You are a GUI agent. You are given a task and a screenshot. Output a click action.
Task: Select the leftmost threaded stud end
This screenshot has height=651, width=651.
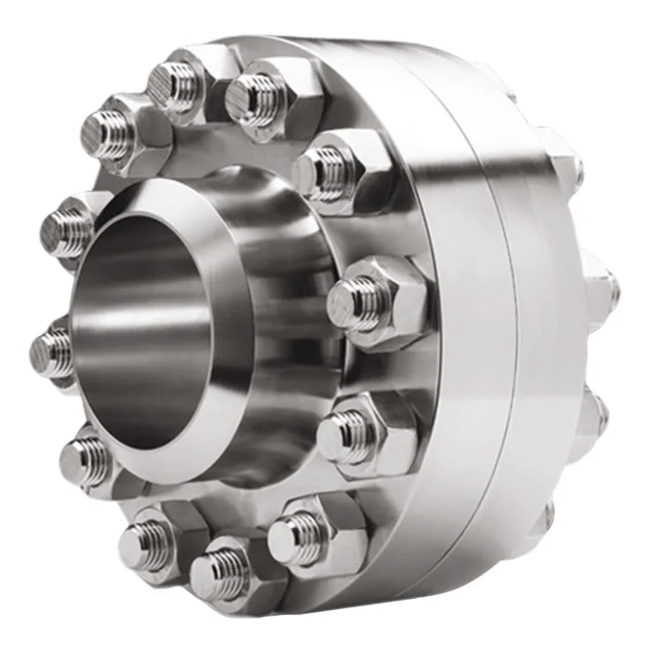[x=51, y=352]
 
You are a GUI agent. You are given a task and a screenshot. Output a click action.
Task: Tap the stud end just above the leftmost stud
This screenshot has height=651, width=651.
[x=65, y=228]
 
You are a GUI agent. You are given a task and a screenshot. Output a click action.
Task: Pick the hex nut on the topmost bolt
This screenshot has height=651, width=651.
[x=200, y=70]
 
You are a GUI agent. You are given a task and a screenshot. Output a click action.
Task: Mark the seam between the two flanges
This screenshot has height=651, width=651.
[x=502, y=325]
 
